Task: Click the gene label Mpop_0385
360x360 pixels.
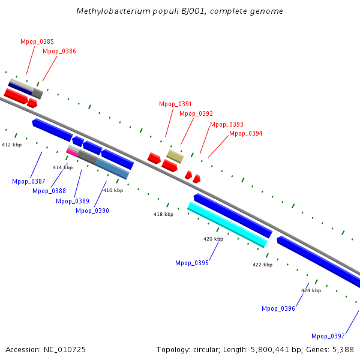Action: [x=37, y=41]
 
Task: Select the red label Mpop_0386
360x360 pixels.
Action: [x=59, y=51]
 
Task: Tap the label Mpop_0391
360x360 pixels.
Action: [x=175, y=104]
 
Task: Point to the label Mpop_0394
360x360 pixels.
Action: [x=245, y=133]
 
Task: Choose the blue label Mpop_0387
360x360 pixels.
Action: [x=29, y=181]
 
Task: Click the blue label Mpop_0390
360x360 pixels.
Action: [x=92, y=211]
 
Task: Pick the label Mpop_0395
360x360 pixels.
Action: [x=192, y=263]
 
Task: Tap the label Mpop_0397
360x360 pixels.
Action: [x=328, y=336]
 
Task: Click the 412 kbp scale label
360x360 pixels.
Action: [x=12, y=145]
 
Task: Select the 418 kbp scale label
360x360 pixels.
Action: [x=163, y=214]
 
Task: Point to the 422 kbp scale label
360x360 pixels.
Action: [x=262, y=265]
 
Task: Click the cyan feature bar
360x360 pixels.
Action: [x=227, y=225]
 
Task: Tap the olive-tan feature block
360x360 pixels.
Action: [x=175, y=157]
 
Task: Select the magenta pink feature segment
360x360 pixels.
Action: [x=72, y=152]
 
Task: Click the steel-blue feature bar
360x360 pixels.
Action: [x=112, y=169]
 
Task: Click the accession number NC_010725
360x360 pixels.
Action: [x=65, y=350]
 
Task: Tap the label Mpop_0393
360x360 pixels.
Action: [x=227, y=124]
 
